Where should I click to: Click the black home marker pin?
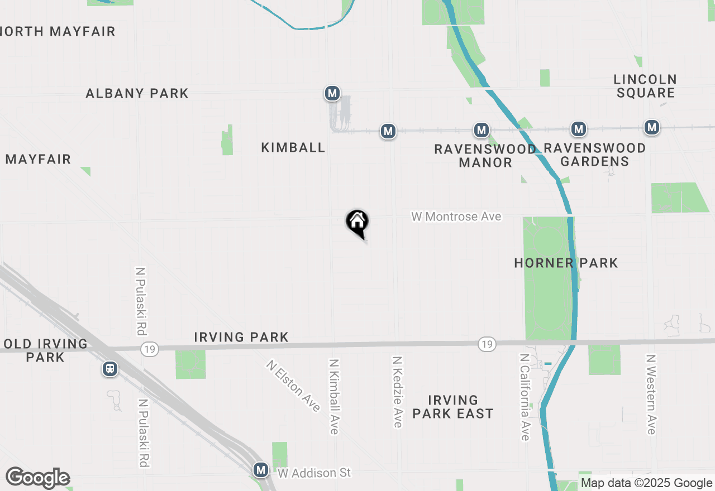tap(357, 223)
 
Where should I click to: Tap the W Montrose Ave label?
tap(456, 216)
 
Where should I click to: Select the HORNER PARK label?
tap(566, 263)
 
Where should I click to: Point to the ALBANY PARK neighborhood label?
tap(137, 93)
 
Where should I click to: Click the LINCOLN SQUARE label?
tap(645, 86)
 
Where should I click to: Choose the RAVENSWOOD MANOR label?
tap(485, 156)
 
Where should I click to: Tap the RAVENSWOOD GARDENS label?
tap(594, 155)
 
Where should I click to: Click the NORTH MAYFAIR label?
tap(58, 31)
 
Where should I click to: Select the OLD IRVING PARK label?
tap(45, 350)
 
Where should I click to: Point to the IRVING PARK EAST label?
tap(452, 407)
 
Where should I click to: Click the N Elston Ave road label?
tap(293, 386)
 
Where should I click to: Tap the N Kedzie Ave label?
tap(397, 392)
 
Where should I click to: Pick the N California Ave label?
tap(525, 397)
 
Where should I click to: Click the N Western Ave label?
tap(651, 394)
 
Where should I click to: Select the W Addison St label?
tap(314, 473)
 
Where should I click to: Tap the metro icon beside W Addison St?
tap(260, 470)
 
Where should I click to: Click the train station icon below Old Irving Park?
tap(110, 369)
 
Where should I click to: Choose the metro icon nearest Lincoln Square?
tap(651, 127)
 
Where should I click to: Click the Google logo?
tap(37, 478)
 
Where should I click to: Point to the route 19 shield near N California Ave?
tap(487, 344)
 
